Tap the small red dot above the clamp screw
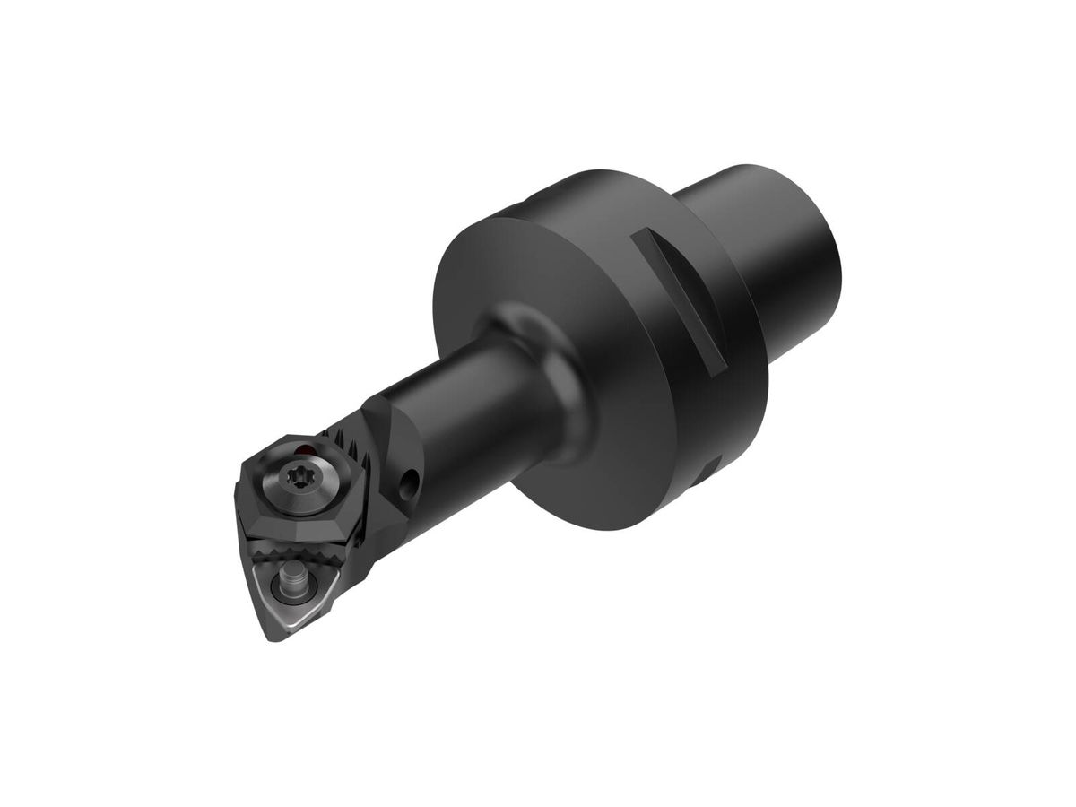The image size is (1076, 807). click(308, 448)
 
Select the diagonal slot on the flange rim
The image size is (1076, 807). click(678, 300)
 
